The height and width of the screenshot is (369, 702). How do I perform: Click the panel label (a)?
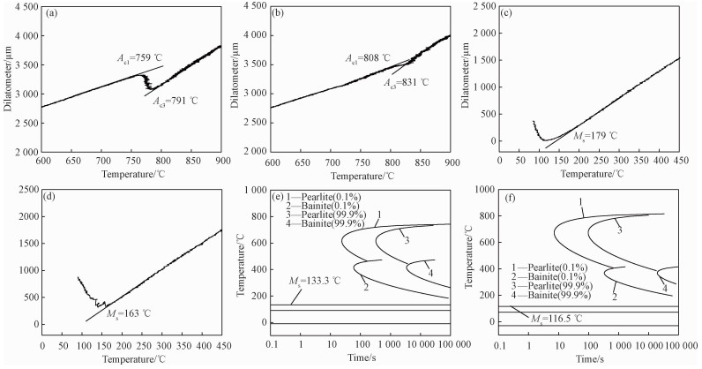click(51, 14)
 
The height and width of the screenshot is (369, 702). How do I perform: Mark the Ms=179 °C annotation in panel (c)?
click(594, 136)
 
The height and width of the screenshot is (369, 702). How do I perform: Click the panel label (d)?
click(51, 195)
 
